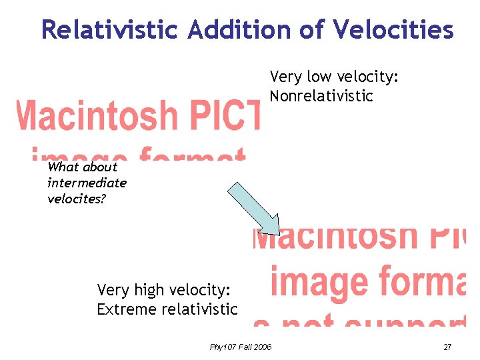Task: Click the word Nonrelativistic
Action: coord(321,96)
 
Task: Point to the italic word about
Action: coord(101,167)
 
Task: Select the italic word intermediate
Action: coord(87,183)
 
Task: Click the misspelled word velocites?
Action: coord(76,199)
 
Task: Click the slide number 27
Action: coord(447,347)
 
